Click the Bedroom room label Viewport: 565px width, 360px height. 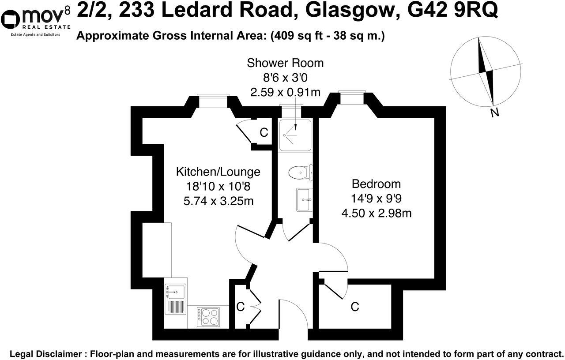(376, 184)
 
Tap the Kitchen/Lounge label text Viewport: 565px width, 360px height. (218, 172)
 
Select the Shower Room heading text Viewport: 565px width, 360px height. (285, 63)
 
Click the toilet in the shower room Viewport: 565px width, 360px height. (301, 172)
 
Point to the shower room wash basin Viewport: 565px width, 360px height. (305, 200)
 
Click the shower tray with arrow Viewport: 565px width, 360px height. (295, 135)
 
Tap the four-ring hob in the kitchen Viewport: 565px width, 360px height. (208, 317)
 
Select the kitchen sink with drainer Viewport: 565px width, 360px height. (176, 299)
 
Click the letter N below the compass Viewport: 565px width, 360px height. (495, 112)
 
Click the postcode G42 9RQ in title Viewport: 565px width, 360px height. (452, 10)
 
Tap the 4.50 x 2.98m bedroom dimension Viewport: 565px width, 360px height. (377, 213)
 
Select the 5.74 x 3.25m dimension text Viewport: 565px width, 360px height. (218, 201)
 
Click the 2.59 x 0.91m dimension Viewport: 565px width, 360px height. (285, 92)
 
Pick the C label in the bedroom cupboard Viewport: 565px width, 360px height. (354, 307)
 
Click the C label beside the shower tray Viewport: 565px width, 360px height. (264, 132)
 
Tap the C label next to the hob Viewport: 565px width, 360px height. (241, 307)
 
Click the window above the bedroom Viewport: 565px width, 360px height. (352, 97)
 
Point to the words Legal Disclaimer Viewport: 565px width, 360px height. (45, 353)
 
